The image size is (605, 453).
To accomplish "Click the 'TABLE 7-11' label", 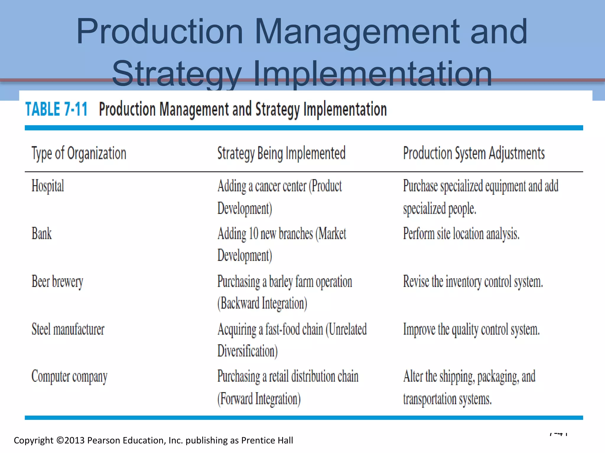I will [56, 109].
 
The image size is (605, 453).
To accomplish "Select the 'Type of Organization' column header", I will [79, 153].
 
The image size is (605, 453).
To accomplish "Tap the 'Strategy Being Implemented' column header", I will [281, 153].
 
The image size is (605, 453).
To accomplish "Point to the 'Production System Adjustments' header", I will [474, 153].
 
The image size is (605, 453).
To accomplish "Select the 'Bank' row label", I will [41, 234].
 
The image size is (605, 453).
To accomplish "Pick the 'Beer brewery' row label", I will [57, 282].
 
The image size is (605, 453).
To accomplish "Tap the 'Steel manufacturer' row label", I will [68, 329].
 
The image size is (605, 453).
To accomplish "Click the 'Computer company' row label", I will [69, 377].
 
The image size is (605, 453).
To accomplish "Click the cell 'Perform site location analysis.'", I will [461, 234].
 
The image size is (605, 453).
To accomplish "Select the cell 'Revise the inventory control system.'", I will [473, 282].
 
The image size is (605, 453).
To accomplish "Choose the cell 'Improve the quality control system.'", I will [471, 329].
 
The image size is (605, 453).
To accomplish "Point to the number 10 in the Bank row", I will [253, 234].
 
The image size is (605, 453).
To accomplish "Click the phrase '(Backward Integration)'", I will [262, 303].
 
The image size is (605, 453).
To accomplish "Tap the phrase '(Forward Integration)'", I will [259, 399].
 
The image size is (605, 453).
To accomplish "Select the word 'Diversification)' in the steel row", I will [248, 351].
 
